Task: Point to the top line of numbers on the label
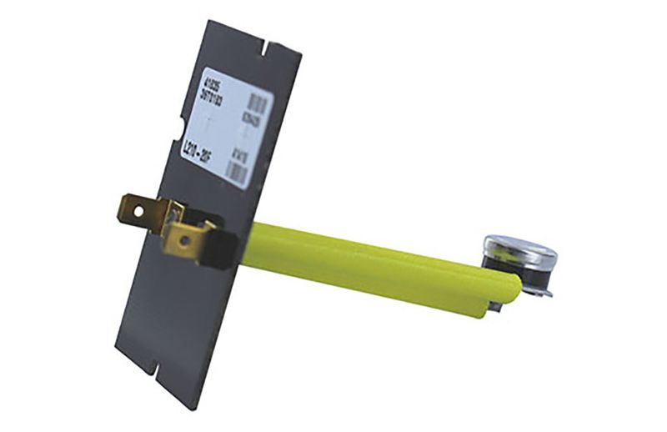208,87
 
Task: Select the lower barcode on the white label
240,172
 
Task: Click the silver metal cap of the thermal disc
519,248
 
